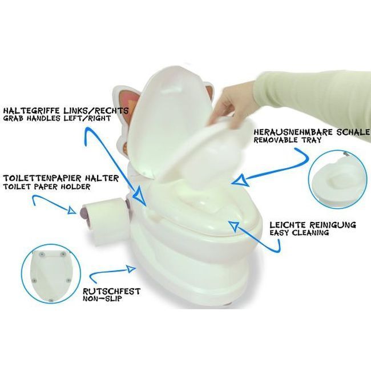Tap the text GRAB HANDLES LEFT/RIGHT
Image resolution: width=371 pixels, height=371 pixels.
tap(57, 118)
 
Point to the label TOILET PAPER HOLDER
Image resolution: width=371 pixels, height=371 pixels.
tap(47, 187)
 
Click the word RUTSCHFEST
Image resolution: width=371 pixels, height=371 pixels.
tap(111, 291)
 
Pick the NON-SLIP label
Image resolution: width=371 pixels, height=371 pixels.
tap(102, 299)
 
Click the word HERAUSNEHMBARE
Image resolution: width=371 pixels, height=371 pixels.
tap(293, 132)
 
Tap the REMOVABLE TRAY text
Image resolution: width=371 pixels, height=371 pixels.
tap(288, 140)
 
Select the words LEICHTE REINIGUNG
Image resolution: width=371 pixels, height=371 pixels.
tap(313, 225)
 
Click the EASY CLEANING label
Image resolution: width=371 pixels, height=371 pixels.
tap(299, 232)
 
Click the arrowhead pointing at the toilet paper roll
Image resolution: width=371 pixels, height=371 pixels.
tap(72, 211)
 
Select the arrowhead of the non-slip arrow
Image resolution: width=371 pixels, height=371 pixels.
tap(131, 269)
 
